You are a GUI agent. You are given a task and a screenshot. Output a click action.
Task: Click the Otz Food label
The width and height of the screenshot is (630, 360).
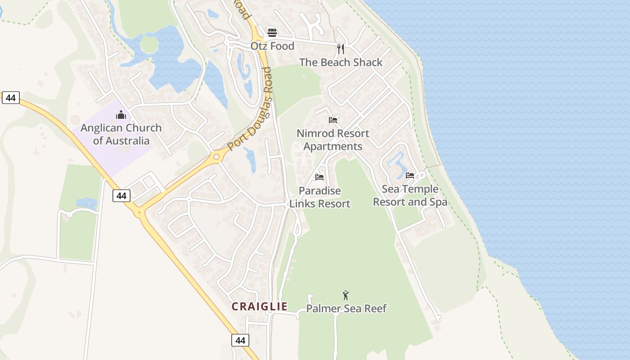[x=272, y=46]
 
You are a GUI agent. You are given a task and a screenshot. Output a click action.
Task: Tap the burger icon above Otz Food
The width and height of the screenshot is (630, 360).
[x=272, y=32]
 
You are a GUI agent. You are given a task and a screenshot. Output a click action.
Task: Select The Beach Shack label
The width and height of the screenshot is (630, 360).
[x=341, y=62]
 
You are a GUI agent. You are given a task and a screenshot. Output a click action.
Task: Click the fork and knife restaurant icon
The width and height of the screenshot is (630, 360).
[x=341, y=49]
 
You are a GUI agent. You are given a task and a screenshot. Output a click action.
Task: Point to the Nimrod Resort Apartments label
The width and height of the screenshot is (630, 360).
[x=333, y=139]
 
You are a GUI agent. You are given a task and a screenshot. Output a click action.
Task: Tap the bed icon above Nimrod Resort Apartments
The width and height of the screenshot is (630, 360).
[x=333, y=120]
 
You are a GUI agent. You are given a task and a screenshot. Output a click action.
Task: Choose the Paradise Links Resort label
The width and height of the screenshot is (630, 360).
[x=319, y=197]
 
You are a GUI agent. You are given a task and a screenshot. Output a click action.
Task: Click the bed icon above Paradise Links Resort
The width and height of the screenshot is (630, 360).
[x=319, y=177]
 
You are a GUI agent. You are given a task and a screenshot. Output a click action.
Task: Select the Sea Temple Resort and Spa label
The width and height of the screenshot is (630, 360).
[x=410, y=195]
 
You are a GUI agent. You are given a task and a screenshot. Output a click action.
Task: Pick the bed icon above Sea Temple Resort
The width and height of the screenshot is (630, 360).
[x=410, y=175]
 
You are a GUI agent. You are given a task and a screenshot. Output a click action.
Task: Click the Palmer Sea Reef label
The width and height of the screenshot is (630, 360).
[x=346, y=308]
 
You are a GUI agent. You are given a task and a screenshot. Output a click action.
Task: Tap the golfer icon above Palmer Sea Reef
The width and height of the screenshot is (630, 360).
[x=346, y=295]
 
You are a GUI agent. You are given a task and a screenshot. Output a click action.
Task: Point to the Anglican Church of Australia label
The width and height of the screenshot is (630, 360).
[x=121, y=134]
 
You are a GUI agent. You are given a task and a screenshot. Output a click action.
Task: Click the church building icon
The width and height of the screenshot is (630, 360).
[x=121, y=115]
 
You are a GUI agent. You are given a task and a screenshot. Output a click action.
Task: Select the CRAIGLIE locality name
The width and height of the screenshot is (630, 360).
[x=260, y=306]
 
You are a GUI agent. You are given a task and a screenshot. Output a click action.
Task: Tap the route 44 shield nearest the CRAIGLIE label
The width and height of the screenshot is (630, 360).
[x=240, y=340]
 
